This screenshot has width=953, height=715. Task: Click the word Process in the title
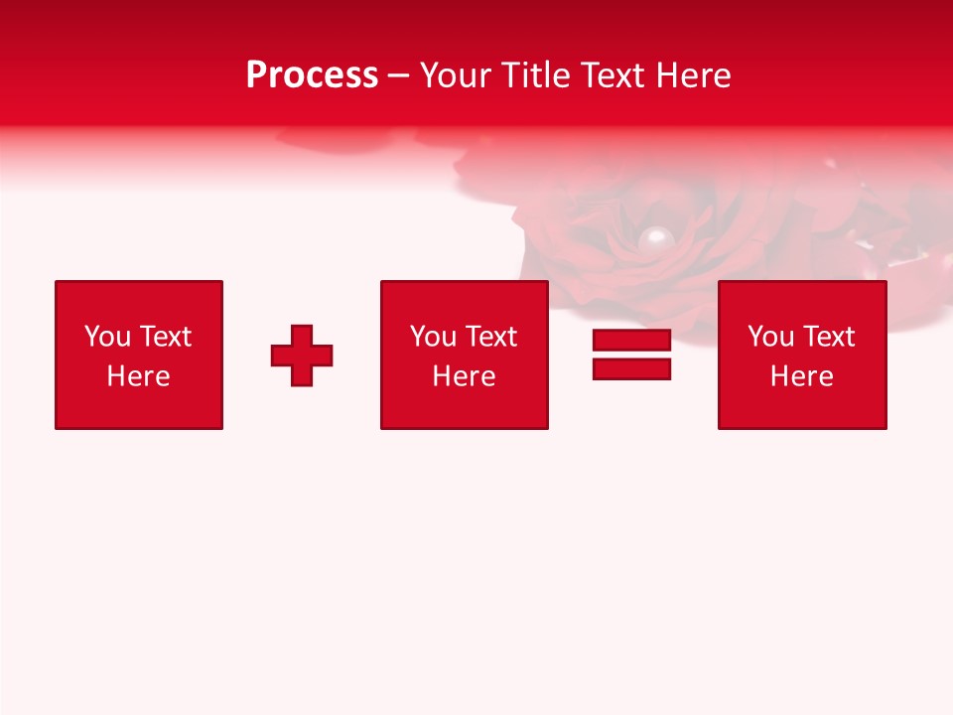[x=312, y=75]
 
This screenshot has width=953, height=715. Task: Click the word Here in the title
[x=694, y=75]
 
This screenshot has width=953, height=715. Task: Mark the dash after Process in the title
[x=399, y=76]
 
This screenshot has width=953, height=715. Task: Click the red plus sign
[x=302, y=356]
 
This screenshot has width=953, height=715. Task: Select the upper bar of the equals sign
[x=631, y=341]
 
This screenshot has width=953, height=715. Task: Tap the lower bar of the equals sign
[x=631, y=368]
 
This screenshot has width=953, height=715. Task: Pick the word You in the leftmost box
[x=107, y=337]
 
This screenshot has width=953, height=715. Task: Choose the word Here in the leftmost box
[x=138, y=376]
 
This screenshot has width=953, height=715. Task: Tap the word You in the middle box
[x=433, y=337]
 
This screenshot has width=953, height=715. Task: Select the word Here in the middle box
[x=464, y=376]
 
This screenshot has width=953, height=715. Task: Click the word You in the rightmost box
[x=770, y=337]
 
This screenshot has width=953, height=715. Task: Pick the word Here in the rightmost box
[x=801, y=376]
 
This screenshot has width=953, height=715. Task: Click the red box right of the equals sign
[x=802, y=407]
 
